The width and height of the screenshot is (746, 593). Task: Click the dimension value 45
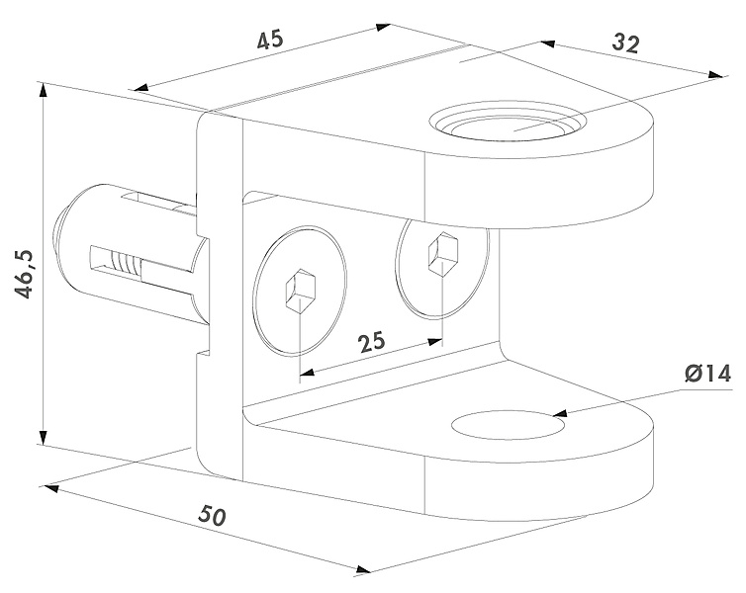coord(270,41)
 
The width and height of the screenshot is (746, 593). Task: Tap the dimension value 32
coord(625,43)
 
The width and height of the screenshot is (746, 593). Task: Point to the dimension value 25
coord(371,342)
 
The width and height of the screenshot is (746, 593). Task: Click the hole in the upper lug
coord(506,126)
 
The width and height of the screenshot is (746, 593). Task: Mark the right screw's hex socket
coord(438,256)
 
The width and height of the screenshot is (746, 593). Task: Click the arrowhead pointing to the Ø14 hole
coord(560,415)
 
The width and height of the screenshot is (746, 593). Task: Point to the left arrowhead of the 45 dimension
coord(140,87)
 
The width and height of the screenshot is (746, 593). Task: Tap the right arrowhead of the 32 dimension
coord(711,74)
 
